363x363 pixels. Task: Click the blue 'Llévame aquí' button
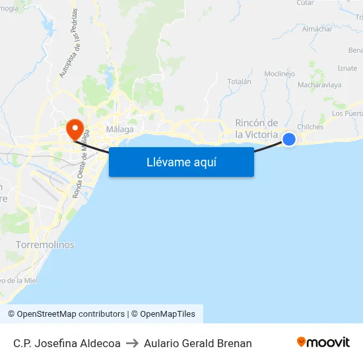(181, 162)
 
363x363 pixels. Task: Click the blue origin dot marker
(289, 139)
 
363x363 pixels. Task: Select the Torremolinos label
(45, 245)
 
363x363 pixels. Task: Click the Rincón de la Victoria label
(257, 128)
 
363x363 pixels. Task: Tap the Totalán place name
(240, 82)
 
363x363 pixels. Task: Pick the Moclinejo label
(279, 74)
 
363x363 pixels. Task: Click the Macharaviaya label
(319, 85)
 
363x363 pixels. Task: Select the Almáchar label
(316, 29)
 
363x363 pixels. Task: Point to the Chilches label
(310, 127)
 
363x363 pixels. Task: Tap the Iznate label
(347, 68)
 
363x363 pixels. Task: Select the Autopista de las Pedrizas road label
(68, 44)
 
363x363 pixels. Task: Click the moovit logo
(323, 343)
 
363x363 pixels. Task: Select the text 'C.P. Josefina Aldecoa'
(67, 343)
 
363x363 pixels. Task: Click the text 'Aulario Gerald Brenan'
(198, 343)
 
